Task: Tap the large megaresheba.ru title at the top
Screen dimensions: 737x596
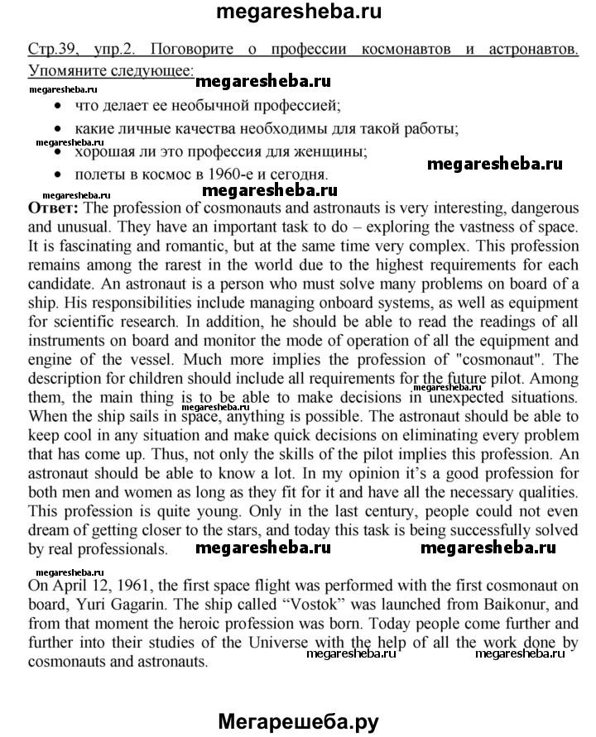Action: [298, 13]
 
